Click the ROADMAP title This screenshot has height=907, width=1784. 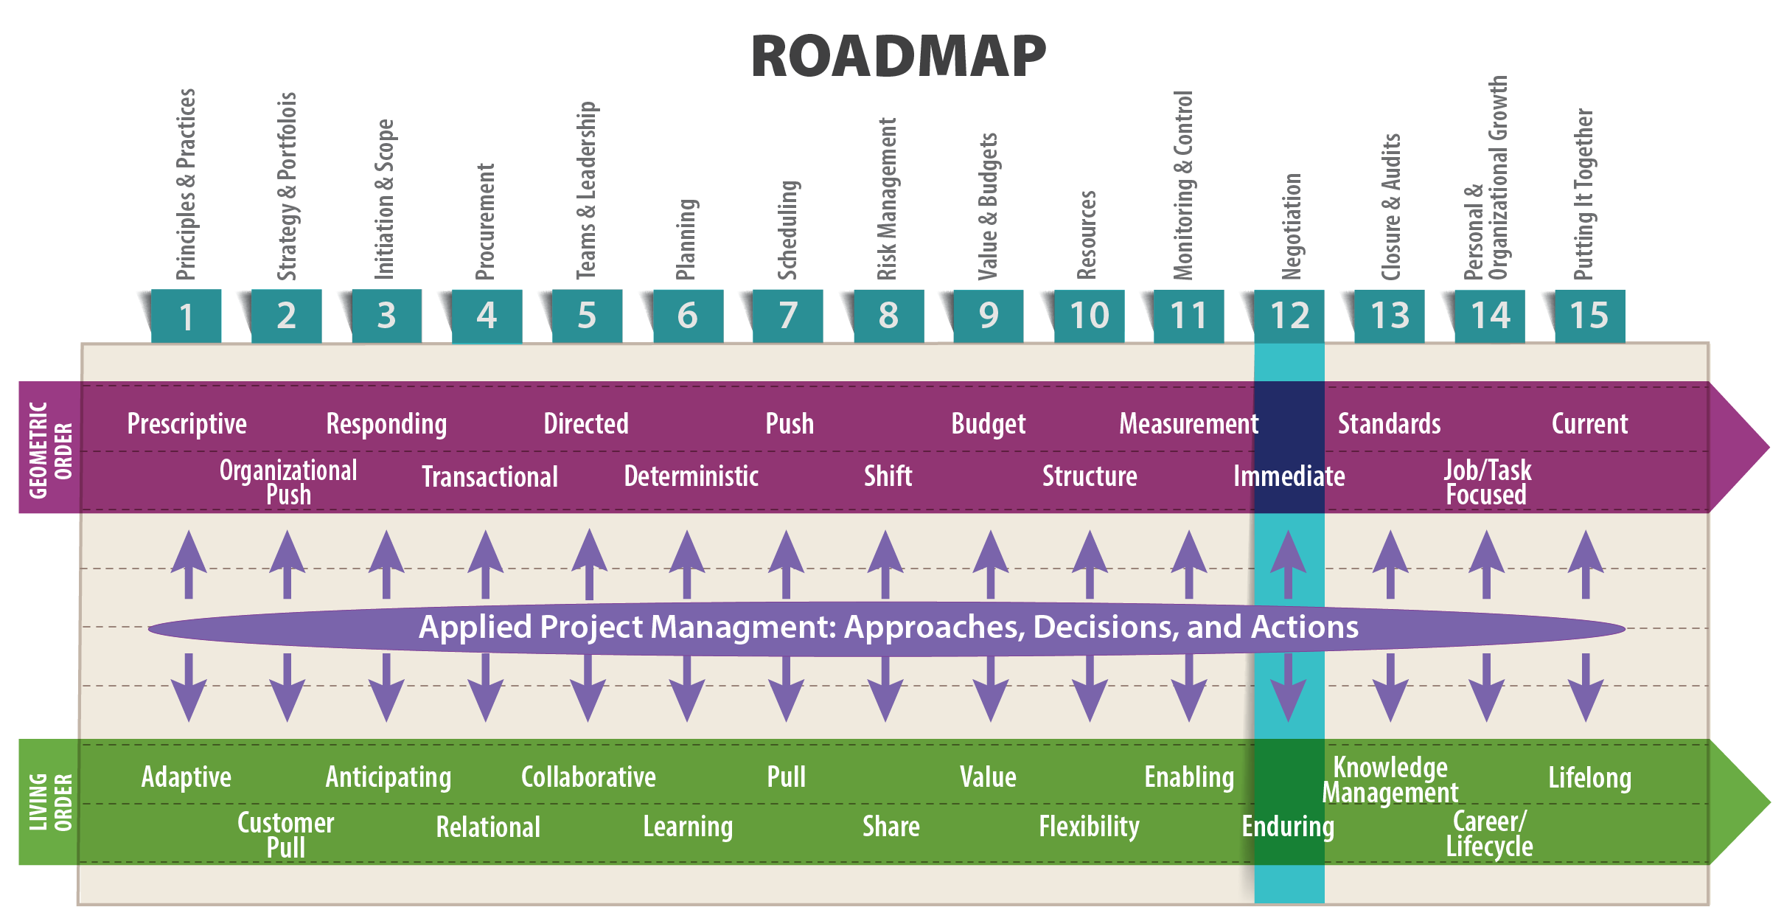click(899, 57)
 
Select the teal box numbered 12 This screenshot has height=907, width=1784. click(1289, 316)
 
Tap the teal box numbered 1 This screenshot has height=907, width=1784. click(186, 316)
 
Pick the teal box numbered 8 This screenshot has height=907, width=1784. click(888, 316)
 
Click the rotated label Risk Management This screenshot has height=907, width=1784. click(887, 199)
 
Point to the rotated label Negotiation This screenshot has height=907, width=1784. click(1292, 226)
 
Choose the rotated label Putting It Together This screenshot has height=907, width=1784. click(1583, 195)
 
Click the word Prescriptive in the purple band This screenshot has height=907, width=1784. click(187, 424)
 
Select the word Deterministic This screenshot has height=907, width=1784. click(691, 476)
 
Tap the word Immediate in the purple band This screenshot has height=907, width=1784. click(1289, 476)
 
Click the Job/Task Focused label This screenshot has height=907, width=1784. click(1486, 482)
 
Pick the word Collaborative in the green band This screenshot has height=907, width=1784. click(588, 777)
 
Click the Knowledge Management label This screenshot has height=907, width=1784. click(1390, 780)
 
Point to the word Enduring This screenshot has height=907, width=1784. click(1288, 827)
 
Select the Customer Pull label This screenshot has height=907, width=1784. click(286, 835)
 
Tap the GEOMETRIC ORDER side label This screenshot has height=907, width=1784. click(49, 448)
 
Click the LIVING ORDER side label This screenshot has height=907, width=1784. click(49, 802)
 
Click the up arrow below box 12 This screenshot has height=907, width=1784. click(1288, 564)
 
